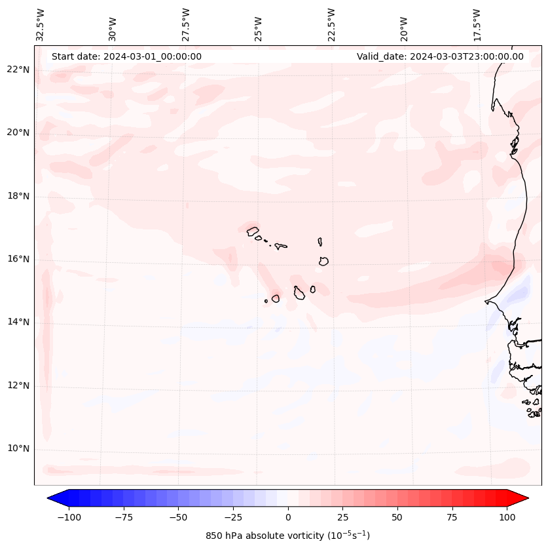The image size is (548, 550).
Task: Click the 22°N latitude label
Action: coord(18,69)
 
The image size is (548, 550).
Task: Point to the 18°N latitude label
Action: coord(18,196)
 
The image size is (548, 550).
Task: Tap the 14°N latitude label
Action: coord(18,322)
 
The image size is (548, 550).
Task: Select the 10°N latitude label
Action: coord(18,449)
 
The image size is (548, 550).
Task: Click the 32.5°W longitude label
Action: coord(41,24)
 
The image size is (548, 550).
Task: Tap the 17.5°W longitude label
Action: coord(477,24)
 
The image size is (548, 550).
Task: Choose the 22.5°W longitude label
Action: coord(331,24)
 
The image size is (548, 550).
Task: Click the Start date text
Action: coord(126,56)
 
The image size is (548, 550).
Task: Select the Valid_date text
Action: coord(440,56)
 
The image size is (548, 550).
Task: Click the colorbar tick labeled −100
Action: coord(69,517)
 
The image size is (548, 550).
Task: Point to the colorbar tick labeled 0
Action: coord(288,517)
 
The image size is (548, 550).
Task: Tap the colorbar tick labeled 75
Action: coord(452,517)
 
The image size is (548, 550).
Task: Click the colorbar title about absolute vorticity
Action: coord(287,536)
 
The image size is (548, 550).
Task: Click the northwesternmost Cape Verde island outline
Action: coord(253,231)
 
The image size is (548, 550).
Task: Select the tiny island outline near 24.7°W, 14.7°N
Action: coord(266,301)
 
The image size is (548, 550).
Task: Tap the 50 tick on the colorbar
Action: coord(397,517)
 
